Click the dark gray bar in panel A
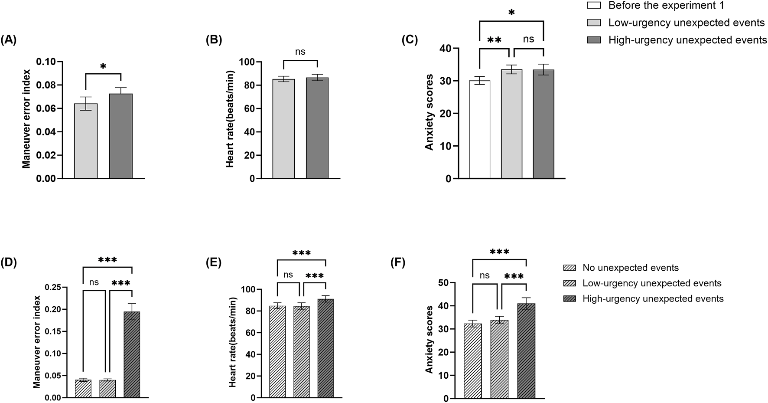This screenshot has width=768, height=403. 120,137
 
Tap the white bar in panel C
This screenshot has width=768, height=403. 479,130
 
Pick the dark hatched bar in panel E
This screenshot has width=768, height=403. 325,349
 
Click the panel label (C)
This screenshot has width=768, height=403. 410,40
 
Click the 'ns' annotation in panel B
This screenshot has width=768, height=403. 300,52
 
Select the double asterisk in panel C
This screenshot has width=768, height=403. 494,40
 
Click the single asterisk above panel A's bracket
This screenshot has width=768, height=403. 103,66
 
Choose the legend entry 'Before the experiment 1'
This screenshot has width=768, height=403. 666,6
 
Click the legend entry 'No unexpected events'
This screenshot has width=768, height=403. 630,268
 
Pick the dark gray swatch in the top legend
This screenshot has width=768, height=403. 594,40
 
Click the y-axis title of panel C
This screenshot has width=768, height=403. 429,112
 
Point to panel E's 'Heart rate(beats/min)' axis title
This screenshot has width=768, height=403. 233,342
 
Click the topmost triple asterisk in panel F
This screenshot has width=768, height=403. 499,252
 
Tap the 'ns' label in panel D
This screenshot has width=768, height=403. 94,282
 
